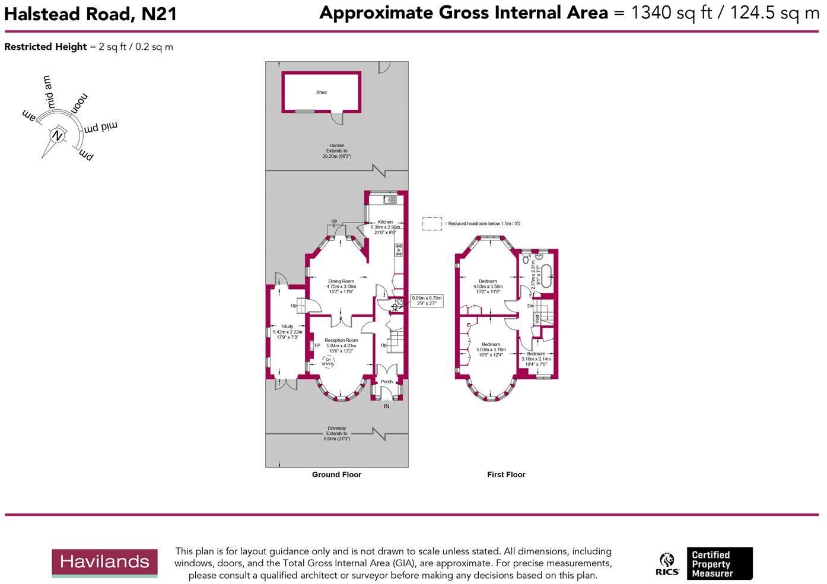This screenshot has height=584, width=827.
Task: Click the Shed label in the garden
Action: [x=321, y=93]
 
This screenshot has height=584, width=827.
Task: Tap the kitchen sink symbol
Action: [x=389, y=200]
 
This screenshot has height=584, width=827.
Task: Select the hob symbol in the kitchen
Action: [x=398, y=249]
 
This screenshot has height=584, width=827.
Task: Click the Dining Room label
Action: [x=341, y=281]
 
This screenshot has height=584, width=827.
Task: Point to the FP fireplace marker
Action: [x=317, y=345]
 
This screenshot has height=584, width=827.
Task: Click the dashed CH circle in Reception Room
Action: [x=328, y=361]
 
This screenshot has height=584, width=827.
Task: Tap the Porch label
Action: [x=387, y=382]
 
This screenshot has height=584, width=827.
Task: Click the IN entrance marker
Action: [x=387, y=407]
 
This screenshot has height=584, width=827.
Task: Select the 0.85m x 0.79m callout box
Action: [x=427, y=301]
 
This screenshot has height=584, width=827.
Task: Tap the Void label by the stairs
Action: [x=537, y=319]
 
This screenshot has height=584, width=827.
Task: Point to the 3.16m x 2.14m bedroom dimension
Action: [x=536, y=359]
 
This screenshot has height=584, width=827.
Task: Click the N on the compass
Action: [x=58, y=135]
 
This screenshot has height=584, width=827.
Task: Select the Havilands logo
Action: [x=104, y=562]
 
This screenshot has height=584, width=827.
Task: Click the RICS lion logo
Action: [x=667, y=564]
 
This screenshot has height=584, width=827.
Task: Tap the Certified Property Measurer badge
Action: [x=719, y=564]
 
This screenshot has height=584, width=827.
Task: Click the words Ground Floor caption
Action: [x=336, y=475]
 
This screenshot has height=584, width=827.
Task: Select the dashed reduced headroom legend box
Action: [x=432, y=224]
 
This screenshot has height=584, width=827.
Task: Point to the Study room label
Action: [x=287, y=326]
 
